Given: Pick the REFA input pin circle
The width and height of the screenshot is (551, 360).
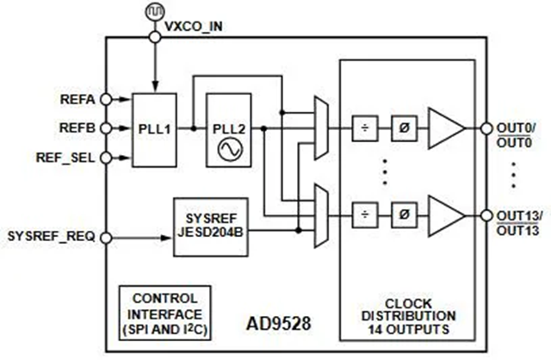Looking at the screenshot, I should (106, 99).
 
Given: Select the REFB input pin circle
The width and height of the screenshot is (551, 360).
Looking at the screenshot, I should (106, 128).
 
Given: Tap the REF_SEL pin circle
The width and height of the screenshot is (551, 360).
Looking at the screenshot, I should (106, 158).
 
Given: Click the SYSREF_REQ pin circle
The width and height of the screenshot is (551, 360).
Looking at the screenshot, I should (106, 235).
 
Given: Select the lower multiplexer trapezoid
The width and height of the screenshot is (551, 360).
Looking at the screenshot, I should (322, 214).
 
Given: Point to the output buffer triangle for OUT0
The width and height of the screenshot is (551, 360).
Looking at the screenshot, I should (445, 127).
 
